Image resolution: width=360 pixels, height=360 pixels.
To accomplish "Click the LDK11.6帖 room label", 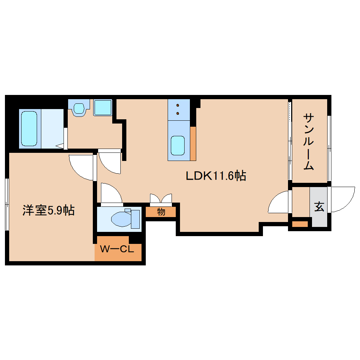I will click(x=216, y=175).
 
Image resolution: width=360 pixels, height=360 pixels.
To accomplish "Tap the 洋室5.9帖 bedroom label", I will click(x=48, y=211).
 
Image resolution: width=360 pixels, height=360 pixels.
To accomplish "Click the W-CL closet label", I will click(x=117, y=249).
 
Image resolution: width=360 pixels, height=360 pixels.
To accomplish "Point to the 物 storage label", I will click(x=161, y=212).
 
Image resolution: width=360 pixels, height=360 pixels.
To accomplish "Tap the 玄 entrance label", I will click(x=319, y=207).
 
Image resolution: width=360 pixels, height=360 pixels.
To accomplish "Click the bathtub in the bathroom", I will click(x=29, y=128).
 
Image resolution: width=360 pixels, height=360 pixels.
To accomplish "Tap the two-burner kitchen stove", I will click(x=178, y=109).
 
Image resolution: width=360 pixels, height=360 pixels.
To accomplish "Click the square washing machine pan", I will click(x=103, y=107).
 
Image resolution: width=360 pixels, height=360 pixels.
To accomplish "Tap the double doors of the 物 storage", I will click(x=161, y=199).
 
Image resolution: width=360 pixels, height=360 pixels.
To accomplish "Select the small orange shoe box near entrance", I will click(x=300, y=224).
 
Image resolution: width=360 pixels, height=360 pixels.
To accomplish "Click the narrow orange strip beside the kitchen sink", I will click(x=193, y=143).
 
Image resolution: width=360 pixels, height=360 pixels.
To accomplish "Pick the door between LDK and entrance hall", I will click(x=279, y=202).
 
